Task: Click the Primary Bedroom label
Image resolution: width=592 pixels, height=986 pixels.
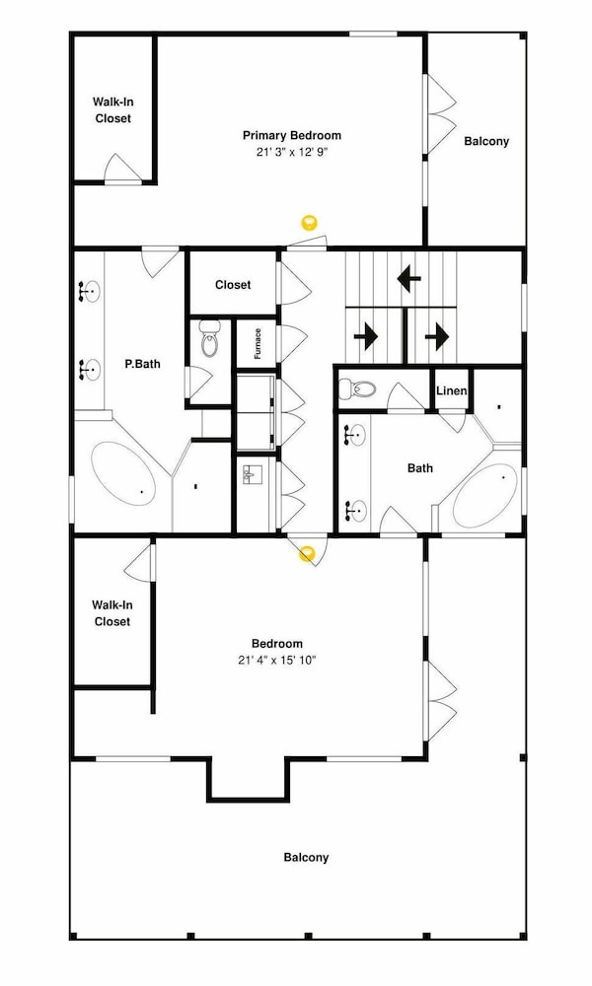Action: pos(292,135)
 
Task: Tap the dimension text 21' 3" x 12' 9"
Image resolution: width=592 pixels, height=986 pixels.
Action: pos(292,152)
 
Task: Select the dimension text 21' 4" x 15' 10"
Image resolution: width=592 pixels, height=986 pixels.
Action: pos(277,661)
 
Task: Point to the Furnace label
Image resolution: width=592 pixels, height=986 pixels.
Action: pos(258,343)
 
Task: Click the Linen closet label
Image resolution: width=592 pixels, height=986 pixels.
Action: pos(452,391)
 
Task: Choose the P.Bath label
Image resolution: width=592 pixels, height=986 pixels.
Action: pos(142,364)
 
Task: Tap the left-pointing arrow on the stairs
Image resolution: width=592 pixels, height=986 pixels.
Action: pos(408,277)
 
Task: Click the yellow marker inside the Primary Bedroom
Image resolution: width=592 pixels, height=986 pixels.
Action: pos(309,221)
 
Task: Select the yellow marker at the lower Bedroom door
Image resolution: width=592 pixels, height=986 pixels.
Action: pos(307,554)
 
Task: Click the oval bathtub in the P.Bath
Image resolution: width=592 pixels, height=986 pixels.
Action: pos(124,473)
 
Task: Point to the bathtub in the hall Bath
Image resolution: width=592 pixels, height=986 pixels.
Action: pos(485,496)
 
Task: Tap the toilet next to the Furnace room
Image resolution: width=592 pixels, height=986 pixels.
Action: pos(209,337)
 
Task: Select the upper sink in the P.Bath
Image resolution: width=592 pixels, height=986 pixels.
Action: pos(89,292)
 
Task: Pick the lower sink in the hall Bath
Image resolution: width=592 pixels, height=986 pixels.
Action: pos(356,510)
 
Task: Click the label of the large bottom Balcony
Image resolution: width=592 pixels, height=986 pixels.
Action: pos(306,857)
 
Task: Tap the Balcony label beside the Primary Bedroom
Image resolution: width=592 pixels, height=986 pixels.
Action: pos(486,141)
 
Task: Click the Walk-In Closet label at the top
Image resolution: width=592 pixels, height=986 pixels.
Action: pos(113,110)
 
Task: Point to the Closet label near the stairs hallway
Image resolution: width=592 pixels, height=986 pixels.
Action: pos(233,285)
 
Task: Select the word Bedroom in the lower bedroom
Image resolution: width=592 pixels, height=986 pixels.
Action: pos(277,643)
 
